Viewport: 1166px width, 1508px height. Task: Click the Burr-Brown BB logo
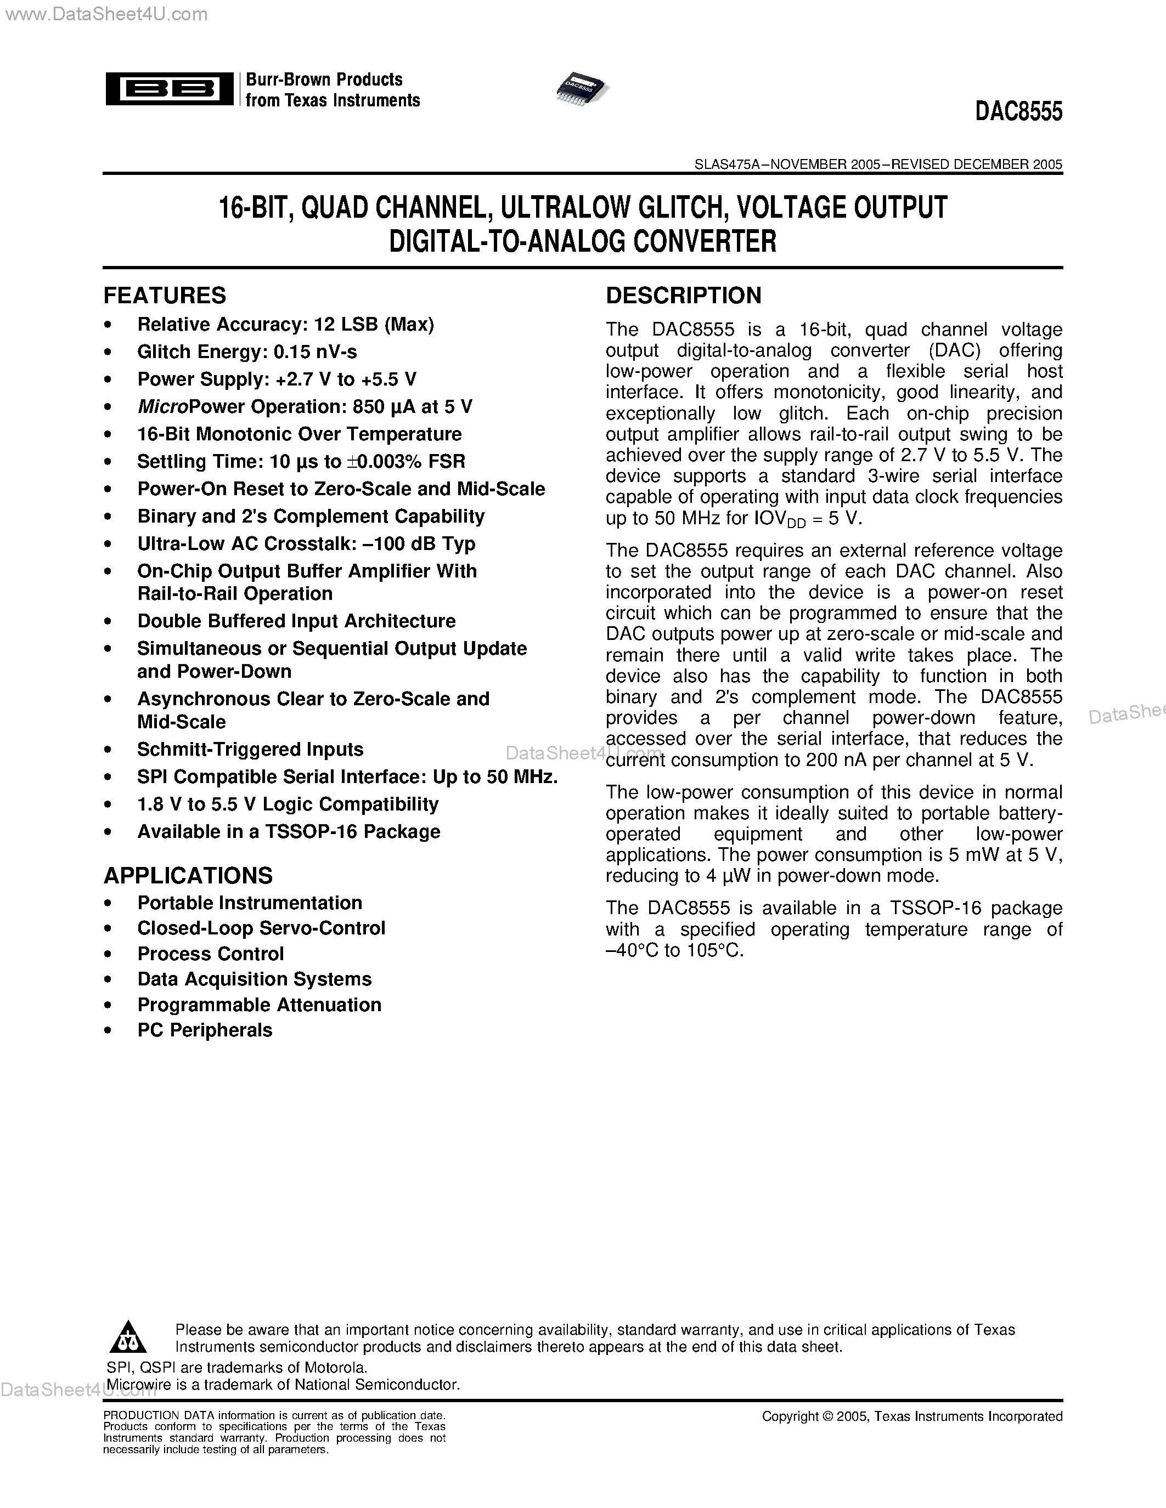coord(168,89)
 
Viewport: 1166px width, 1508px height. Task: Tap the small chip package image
coord(582,88)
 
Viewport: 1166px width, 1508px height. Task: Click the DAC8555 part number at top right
coord(1018,112)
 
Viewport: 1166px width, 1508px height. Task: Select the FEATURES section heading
coord(165,296)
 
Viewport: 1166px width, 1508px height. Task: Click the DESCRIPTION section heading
coord(683,296)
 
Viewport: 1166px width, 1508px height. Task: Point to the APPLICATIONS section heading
coord(188,876)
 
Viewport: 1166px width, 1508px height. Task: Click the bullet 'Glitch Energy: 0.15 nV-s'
coord(246,352)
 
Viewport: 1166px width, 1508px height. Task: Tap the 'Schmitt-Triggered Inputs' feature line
coord(250,749)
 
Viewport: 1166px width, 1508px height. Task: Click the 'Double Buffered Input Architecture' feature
coord(296,621)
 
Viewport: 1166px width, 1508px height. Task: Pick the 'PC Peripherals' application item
coord(205,1030)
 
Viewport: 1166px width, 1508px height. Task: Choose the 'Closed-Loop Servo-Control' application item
coord(261,928)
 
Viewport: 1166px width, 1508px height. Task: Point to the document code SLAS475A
coord(726,165)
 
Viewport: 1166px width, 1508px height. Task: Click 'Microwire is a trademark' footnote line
coord(283,1385)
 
